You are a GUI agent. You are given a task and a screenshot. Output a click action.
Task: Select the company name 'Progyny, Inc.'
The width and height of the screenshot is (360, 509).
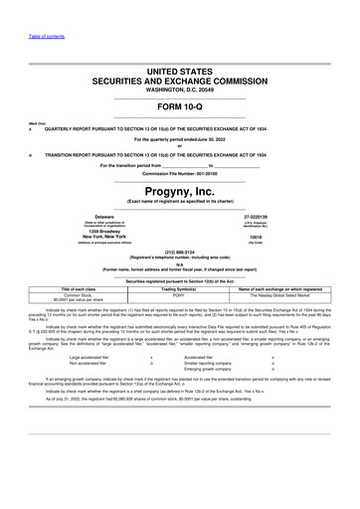coord(179,187)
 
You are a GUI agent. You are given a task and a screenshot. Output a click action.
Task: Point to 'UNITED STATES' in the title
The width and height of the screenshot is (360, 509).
coord(179,69)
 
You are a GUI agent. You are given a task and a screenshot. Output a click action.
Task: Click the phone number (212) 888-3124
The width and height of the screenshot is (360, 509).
coord(179,251)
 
